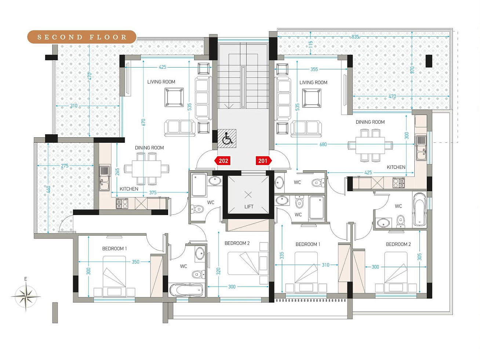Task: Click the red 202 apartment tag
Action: pyautogui.click(x=222, y=161)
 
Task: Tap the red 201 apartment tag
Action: pyautogui.click(x=264, y=161)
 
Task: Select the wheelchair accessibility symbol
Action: pyautogui.click(x=227, y=138)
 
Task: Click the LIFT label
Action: pyautogui.click(x=249, y=207)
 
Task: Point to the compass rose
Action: pyautogui.click(x=26, y=296)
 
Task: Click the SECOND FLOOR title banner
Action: pyautogui.click(x=82, y=37)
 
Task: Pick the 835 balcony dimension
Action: pyautogui.click(x=355, y=37)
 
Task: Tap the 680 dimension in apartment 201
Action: pyautogui.click(x=323, y=144)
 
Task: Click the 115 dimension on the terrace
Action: pyautogui.click(x=310, y=44)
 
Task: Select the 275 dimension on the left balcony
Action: pyautogui.click(x=65, y=166)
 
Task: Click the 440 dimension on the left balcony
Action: pyautogui.click(x=48, y=189)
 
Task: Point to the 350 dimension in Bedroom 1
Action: pyautogui.click(x=135, y=262)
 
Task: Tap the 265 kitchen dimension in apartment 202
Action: pyautogui.click(x=117, y=172)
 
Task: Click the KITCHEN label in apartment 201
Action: pyautogui.click(x=396, y=167)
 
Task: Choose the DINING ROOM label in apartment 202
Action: pyautogui.click(x=149, y=148)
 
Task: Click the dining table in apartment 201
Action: pyautogui.click(x=370, y=145)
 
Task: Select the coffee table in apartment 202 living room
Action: pyautogui.click(x=174, y=97)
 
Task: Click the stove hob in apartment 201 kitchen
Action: pyautogui.click(x=399, y=183)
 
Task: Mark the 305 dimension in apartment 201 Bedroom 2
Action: pyautogui.click(x=419, y=257)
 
